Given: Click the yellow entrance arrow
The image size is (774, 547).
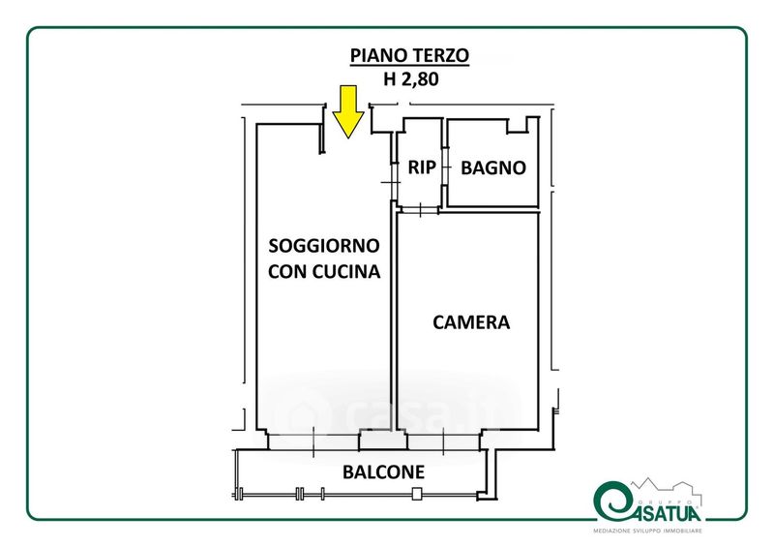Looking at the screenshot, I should click(x=346, y=110).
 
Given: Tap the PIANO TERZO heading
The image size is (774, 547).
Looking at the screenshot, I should click(x=408, y=55).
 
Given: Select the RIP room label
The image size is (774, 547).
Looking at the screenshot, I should click(x=421, y=167).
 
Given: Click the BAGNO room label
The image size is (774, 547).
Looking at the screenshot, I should click(x=492, y=167).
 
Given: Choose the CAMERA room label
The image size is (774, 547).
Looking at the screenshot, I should click(x=471, y=322).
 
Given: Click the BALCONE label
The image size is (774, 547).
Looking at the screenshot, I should click(x=384, y=472).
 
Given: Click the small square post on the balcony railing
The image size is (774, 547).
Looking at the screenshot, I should click(x=416, y=495).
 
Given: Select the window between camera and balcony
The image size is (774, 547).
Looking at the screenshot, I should click(x=443, y=441).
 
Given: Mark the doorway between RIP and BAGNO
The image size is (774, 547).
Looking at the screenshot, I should click(x=445, y=167).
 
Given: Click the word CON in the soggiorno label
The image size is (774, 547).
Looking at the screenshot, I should click(x=286, y=272).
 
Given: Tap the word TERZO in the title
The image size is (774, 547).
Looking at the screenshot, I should click(x=440, y=55).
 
